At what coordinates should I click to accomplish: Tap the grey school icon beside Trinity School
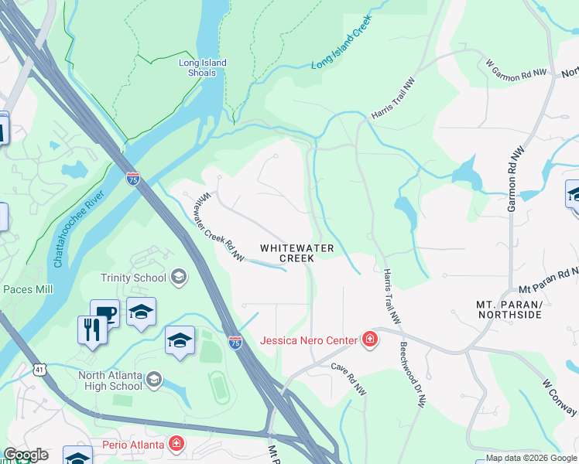pyautogui.click(x=179, y=277)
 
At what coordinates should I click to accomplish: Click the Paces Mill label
pyautogui.click(x=28, y=289)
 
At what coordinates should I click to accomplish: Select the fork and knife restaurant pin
pyautogui.click(x=91, y=330)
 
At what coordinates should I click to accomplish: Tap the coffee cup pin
pyautogui.click(x=104, y=314)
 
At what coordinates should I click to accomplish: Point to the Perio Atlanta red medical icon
pyautogui.click(x=176, y=444)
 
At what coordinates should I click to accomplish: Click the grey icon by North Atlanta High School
pyautogui.click(x=155, y=378)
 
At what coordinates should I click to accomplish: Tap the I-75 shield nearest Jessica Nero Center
pyautogui.click(x=235, y=341)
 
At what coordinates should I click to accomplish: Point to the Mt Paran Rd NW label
pyautogui.click(x=549, y=279)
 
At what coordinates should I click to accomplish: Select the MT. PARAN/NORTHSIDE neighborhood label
pyautogui.click(x=512, y=310)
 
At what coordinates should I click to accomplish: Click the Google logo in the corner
pyautogui.click(x=26, y=455)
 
